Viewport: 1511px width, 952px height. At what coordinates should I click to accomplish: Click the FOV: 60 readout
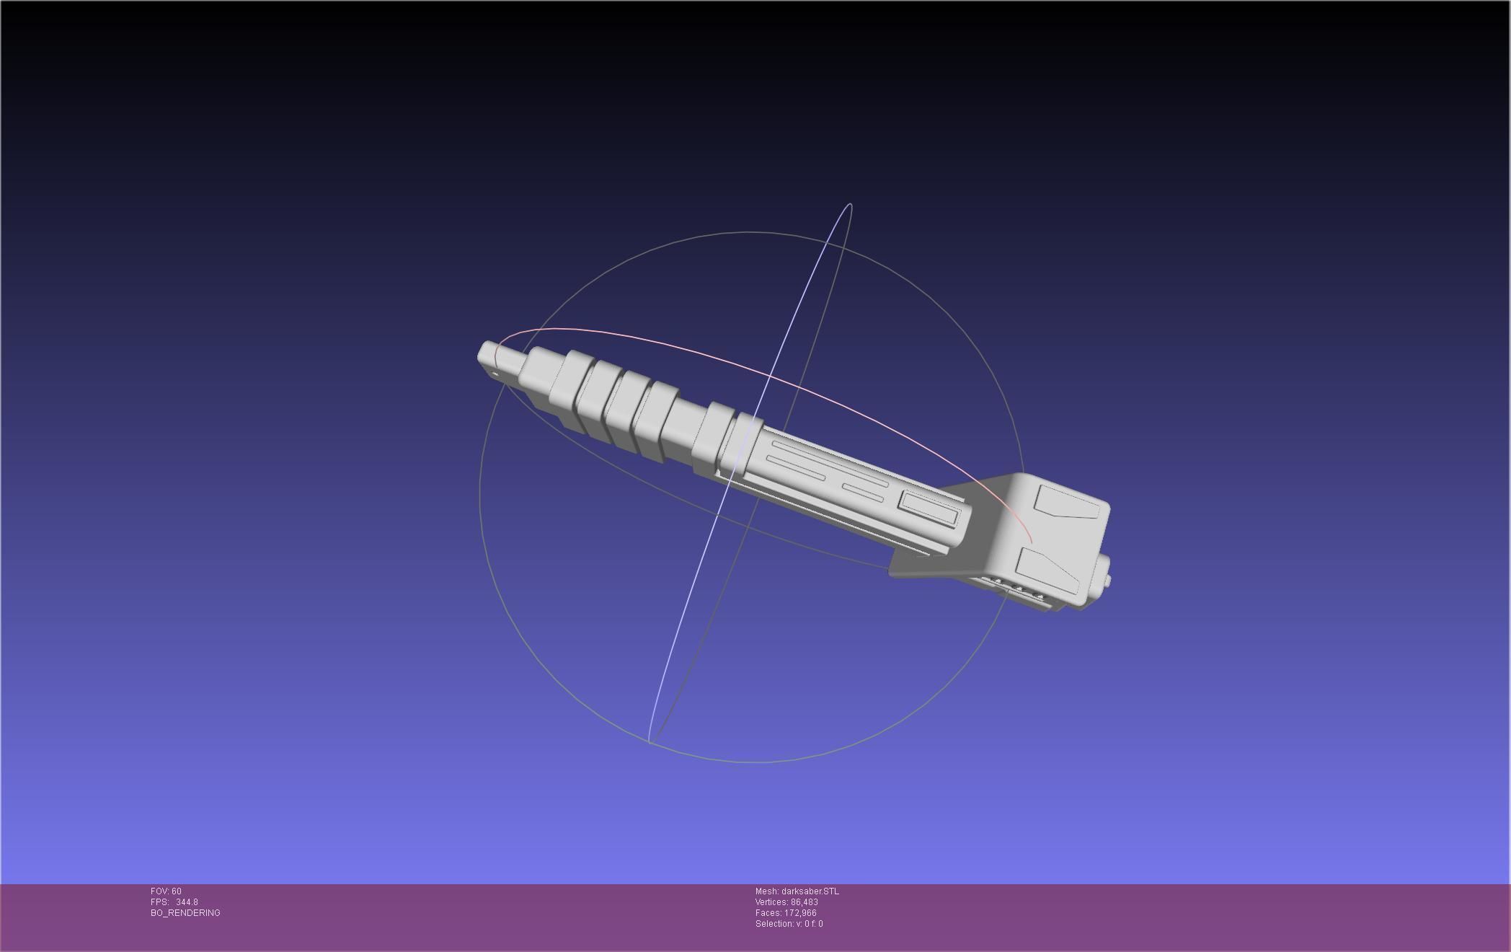point(166,891)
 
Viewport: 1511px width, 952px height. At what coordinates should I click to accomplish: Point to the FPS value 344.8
point(186,902)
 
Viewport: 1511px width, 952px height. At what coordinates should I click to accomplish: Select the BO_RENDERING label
point(185,913)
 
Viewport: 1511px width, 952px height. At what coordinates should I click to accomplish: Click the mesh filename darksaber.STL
point(810,891)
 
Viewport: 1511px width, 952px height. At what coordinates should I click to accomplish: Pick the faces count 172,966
point(799,913)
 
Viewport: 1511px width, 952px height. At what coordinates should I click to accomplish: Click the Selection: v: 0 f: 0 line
point(789,924)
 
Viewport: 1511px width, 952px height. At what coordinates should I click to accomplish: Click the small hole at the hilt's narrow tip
point(495,374)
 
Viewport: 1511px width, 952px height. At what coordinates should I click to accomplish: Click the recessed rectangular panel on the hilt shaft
point(929,508)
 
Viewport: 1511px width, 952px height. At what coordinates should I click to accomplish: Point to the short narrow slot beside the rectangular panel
point(863,492)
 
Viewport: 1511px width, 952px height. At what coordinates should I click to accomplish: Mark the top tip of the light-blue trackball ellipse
point(850,205)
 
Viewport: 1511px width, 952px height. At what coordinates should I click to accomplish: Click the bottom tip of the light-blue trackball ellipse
point(650,741)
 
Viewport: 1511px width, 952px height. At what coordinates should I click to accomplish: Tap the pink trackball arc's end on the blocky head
point(1032,542)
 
